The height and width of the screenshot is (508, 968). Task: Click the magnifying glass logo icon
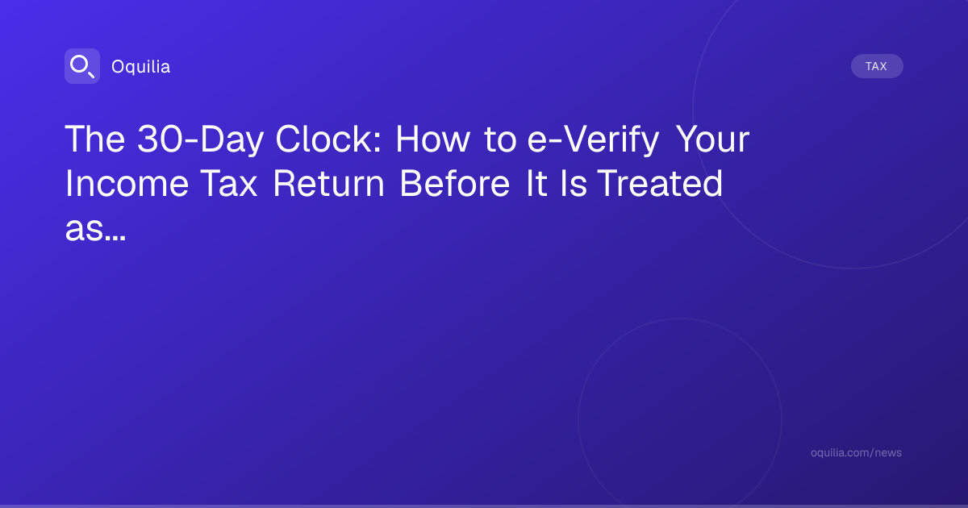click(82, 66)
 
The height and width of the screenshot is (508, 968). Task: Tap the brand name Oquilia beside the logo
click(141, 66)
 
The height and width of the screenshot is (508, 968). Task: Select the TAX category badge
click(877, 66)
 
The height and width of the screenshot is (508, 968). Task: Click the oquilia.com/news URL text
click(856, 452)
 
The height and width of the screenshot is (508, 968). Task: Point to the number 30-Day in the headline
click(200, 139)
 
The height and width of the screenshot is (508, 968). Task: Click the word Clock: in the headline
click(328, 139)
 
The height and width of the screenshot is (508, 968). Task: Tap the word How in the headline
click(432, 139)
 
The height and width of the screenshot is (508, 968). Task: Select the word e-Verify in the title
click(593, 139)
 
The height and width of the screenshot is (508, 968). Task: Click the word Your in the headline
click(712, 139)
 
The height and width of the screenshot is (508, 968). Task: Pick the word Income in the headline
click(127, 184)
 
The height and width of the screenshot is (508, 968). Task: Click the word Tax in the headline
click(228, 184)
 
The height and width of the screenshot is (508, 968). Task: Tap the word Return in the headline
click(328, 184)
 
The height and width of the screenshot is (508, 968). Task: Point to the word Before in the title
click(455, 184)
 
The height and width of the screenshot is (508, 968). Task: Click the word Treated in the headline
click(660, 184)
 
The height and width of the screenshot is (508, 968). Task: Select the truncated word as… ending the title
click(95, 228)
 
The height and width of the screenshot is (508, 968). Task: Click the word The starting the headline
click(95, 139)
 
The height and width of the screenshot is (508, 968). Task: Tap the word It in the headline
click(536, 184)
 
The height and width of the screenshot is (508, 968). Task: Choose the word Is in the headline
click(574, 184)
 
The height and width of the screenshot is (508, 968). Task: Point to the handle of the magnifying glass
click(91, 74)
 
